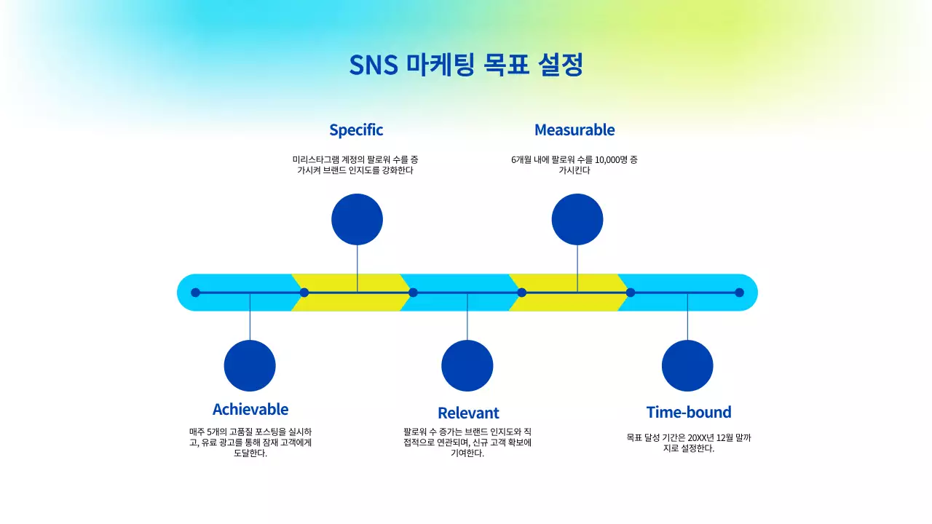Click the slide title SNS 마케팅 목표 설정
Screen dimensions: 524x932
466,65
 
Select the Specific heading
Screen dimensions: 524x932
356,130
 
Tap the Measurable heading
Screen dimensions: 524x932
574,130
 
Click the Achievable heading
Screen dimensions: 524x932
250,409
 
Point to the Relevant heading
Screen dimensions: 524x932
468,413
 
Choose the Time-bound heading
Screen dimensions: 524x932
688,412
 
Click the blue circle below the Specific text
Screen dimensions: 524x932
357,219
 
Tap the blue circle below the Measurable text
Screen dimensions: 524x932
577,219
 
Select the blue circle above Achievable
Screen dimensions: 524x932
250,365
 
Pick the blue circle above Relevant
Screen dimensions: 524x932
467,365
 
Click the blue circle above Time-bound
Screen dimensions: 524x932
687,365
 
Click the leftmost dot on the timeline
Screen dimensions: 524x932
195,293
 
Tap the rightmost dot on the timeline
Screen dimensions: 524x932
739,293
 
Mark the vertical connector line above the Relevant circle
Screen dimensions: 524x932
467,320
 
